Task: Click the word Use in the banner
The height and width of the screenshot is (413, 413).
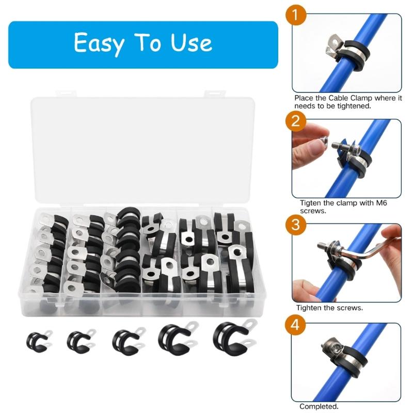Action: (x=191, y=43)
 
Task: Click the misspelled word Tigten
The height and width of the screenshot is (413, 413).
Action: (x=311, y=203)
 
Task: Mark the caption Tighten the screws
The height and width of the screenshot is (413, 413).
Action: (x=329, y=308)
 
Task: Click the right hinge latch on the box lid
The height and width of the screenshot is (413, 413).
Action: (x=215, y=93)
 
